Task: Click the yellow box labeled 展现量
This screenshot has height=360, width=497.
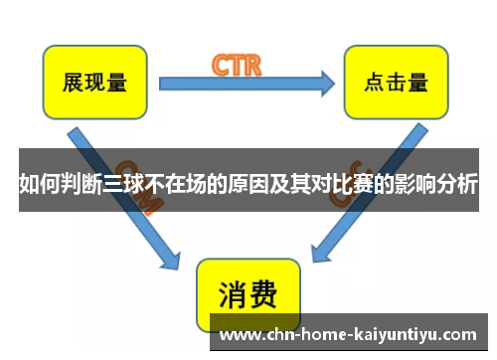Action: (x=94, y=82)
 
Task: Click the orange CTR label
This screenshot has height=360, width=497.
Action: (x=237, y=66)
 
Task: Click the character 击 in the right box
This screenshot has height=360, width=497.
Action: (x=392, y=82)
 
